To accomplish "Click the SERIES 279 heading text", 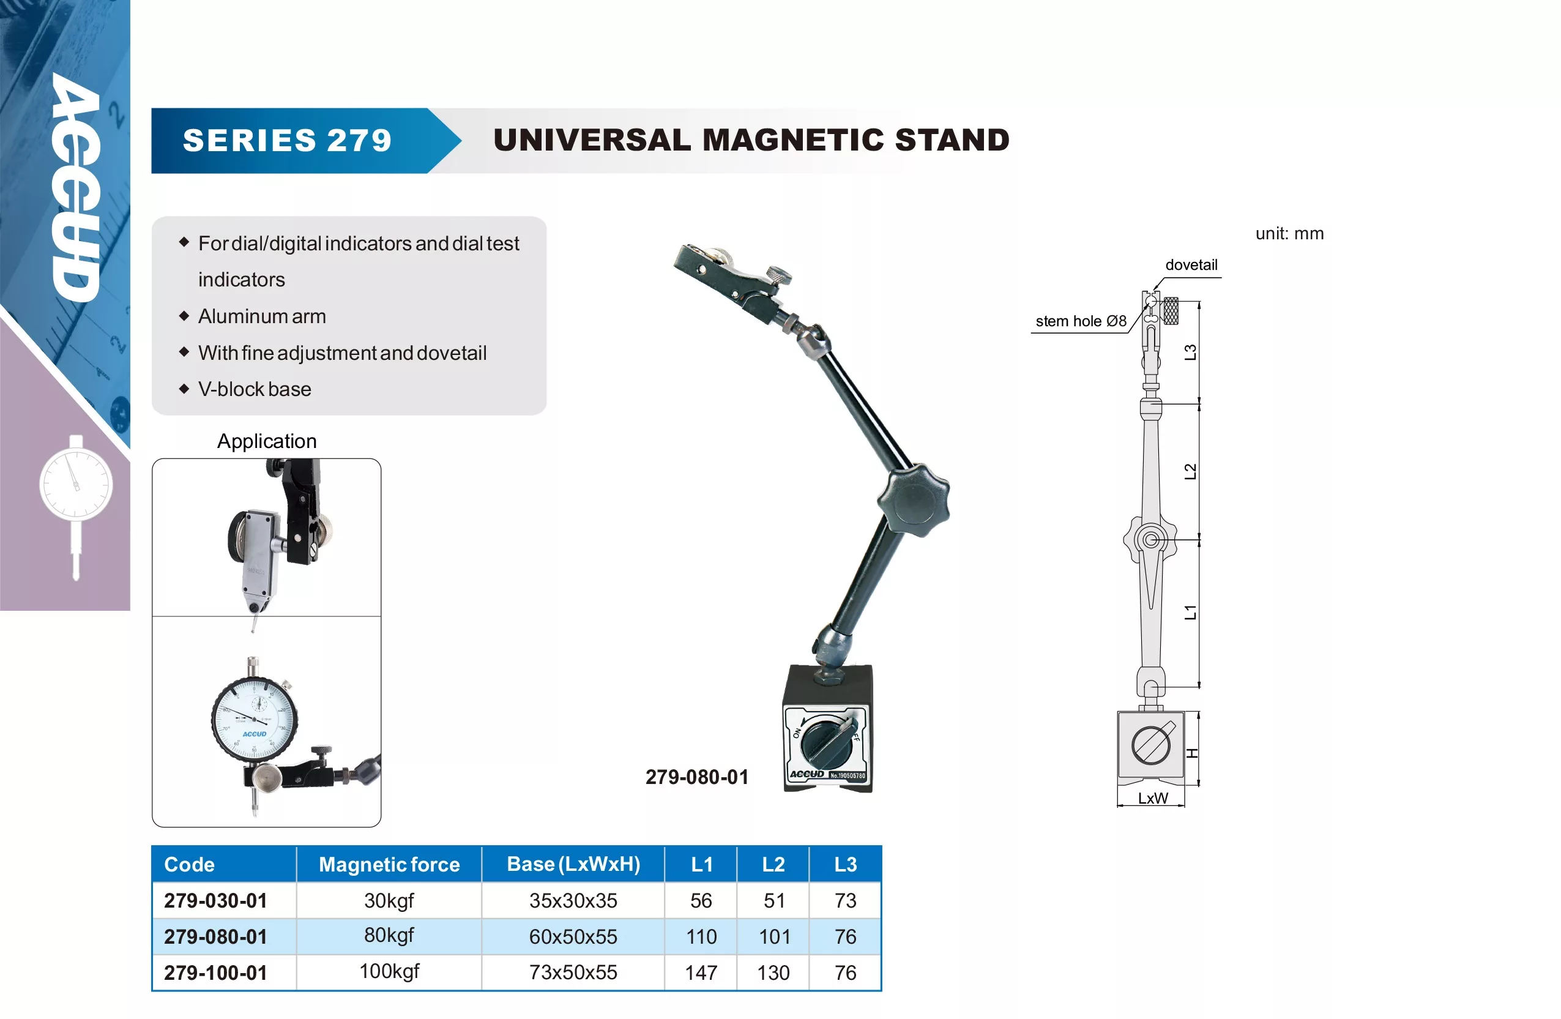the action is pyautogui.click(x=287, y=140).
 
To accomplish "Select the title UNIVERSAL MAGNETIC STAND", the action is pyautogui.click(x=751, y=140).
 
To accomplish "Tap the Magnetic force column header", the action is pyautogui.click(x=389, y=864).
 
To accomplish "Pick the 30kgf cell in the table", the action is pyautogui.click(x=389, y=901).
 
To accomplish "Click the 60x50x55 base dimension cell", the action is pyautogui.click(x=573, y=936).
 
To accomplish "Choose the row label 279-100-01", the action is pyautogui.click(x=216, y=972).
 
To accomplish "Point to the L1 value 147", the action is pyautogui.click(x=701, y=972).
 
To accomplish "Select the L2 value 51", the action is pyautogui.click(x=774, y=901).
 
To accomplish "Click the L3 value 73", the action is pyautogui.click(x=846, y=901).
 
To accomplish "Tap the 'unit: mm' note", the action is pyautogui.click(x=1289, y=234).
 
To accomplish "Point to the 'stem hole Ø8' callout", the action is pyautogui.click(x=1081, y=321).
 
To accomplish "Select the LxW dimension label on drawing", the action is pyautogui.click(x=1152, y=798).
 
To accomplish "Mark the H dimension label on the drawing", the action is pyautogui.click(x=1193, y=753).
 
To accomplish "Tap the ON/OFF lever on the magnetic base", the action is pyautogui.click(x=830, y=742).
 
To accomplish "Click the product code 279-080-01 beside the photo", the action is pyautogui.click(x=696, y=777).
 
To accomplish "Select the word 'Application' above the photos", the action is pyautogui.click(x=267, y=441).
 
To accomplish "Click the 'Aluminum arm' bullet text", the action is pyautogui.click(x=262, y=316).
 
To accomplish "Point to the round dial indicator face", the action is pyautogui.click(x=255, y=719).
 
